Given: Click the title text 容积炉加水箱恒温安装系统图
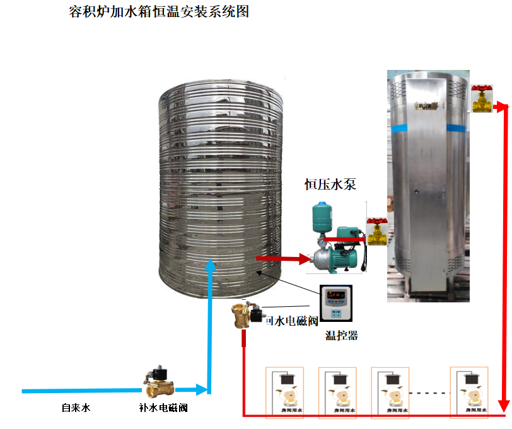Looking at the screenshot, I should click(x=158, y=12).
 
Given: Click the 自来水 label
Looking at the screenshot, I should click(x=76, y=408).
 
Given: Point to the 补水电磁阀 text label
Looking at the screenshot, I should click(x=163, y=408).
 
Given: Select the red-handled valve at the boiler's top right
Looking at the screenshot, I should click(x=483, y=98).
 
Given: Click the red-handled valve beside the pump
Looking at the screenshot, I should click(x=377, y=231).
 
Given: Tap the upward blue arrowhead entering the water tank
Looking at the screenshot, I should click(x=211, y=268).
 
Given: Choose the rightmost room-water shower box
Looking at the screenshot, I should click(x=469, y=392).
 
